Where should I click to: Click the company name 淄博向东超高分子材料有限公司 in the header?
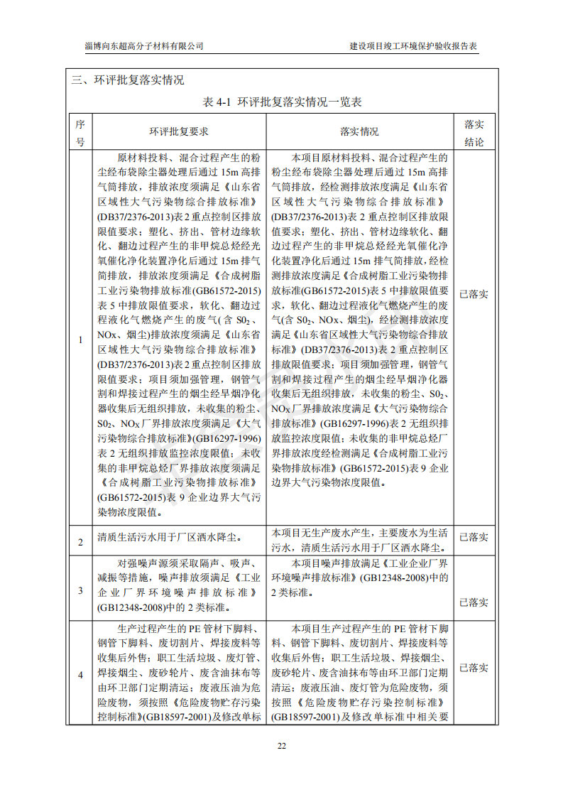[x=144, y=45]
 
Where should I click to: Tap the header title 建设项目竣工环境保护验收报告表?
[x=414, y=45]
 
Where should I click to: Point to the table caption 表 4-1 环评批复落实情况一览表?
[x=282, y=102]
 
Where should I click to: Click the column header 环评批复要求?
[x=178, y=132]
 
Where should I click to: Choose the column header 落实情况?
[x=359, y=132]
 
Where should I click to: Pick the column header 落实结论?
[x=474, y=132]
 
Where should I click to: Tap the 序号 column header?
[x=80, y=132]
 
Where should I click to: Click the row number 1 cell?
[x=80, y=340]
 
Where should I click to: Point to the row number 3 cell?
[x=80, y=590]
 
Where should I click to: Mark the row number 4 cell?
[x=80, y=673]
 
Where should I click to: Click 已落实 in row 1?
[x=474, y=293]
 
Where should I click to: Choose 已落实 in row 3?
[x=474, y=602]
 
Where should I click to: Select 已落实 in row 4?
[x=474, y=668]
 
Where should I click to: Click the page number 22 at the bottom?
[x=281, y=745]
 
